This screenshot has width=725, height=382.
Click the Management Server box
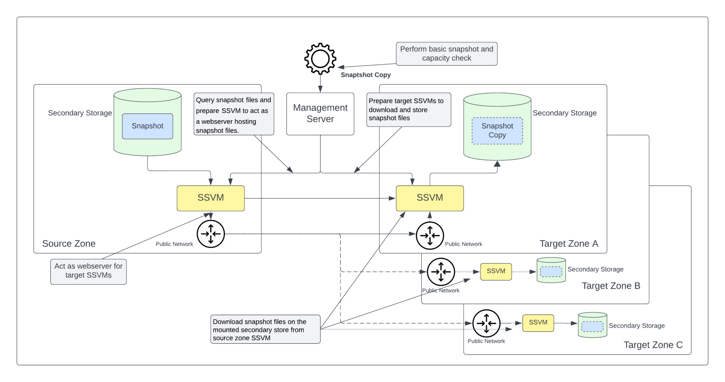click(x=320, y=114)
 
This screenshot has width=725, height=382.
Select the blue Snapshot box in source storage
click(x=147, y=126)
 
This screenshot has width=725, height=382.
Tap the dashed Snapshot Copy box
click(x=497, y=131)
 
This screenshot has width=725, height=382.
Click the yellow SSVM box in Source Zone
click(x=211, y=198)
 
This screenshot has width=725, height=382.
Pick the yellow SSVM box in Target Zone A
click(x=429, y=198)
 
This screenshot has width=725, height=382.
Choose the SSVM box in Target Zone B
click(x=496, y=271)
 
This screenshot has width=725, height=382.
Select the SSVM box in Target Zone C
click(x=538, y=323)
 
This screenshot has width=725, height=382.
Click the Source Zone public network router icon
click(x=211, y=234)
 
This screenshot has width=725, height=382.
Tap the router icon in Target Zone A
click(x=430, y=235)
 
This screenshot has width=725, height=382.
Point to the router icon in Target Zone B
click(x=441, y=272)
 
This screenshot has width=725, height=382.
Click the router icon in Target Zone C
click(x=486, y=323)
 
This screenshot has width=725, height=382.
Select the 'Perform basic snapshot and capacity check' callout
click(x=446, y=54)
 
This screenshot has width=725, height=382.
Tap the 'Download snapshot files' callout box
click(x=266, y=329)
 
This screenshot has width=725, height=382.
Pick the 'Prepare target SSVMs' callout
click(x=409, y=109)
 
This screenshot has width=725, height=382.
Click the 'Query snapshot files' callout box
click(x=234, y=114)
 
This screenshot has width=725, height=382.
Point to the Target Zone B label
click(x=611, y=286)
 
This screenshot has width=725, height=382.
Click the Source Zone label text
click(x=69, y=244)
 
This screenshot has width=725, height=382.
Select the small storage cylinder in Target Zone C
click(x=592, y=325)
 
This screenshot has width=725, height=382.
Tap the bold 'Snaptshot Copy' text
click(x=365, y=75)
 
